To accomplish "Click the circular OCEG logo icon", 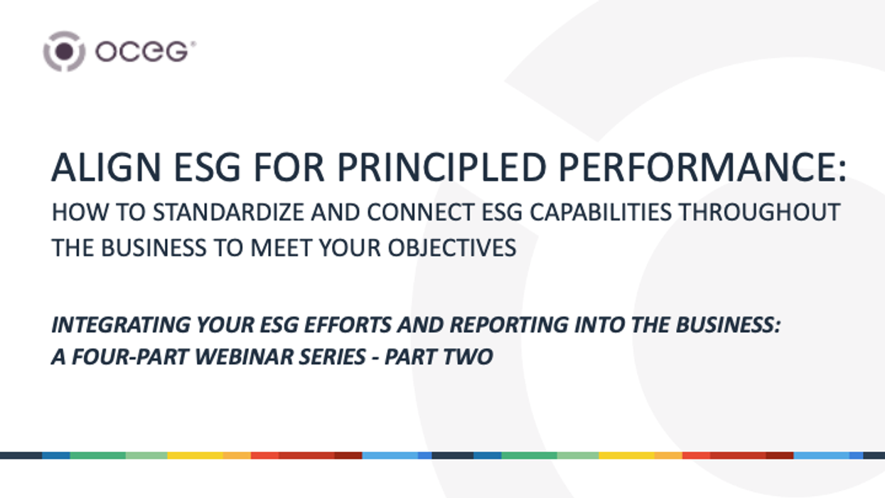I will [64, 51].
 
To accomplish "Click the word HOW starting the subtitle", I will [72, 212].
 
